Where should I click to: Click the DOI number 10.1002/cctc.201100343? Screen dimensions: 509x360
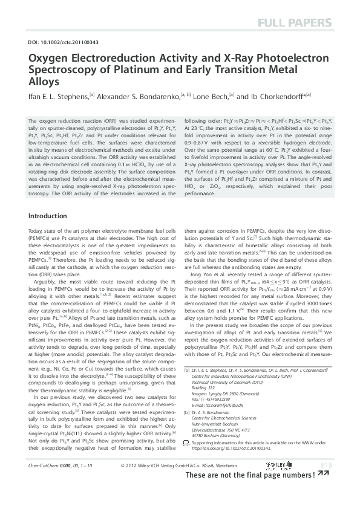pos(62,42)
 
